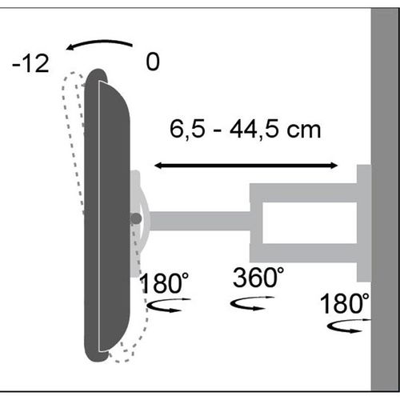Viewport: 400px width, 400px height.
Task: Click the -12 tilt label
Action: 30,63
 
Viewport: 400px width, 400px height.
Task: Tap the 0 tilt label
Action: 153,62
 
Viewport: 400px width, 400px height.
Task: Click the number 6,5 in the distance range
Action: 187,130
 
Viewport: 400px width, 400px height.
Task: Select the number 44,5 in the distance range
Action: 254,130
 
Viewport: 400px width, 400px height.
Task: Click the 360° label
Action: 258,278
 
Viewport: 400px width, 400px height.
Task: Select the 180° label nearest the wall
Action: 345,303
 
